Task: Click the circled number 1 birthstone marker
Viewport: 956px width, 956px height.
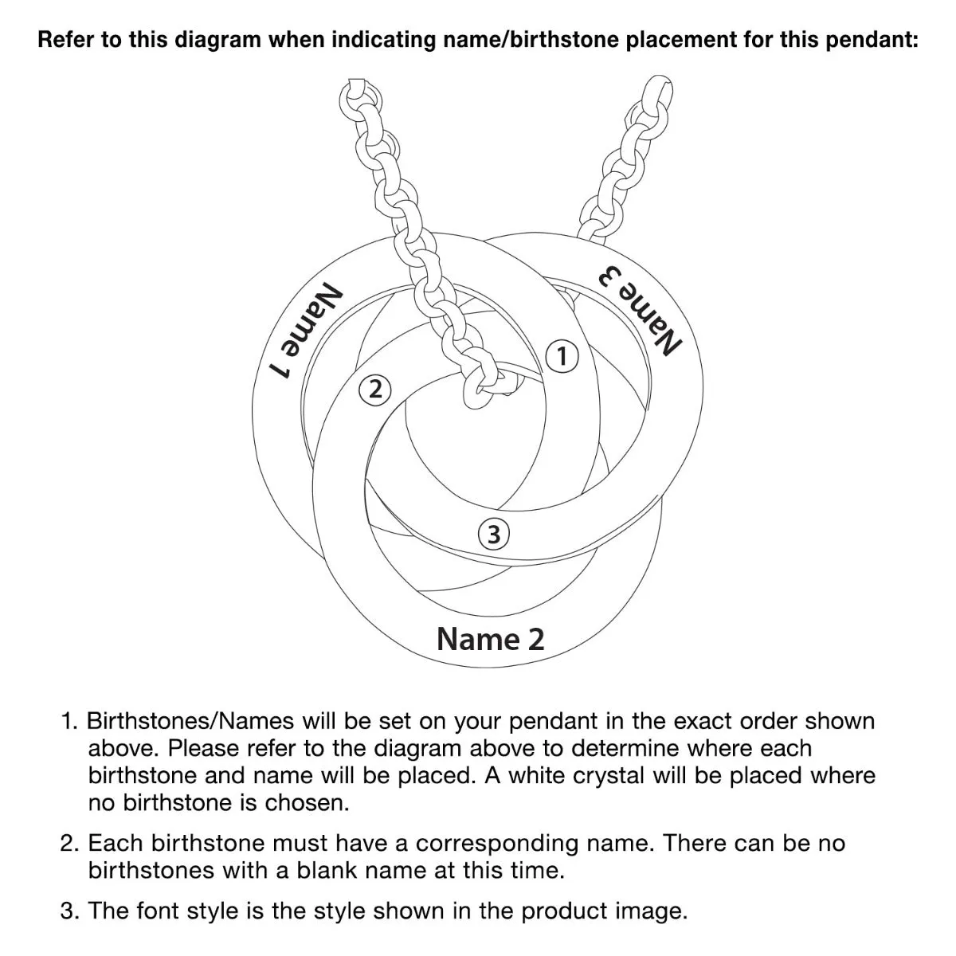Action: pos(562,356)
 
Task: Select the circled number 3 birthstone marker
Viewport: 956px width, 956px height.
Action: pos(494,534)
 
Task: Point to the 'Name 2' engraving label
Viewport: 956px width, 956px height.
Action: pos(491,638)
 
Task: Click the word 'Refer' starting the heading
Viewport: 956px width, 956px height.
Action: pos(66,40)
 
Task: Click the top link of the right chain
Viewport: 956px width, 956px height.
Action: pos(656,91)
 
